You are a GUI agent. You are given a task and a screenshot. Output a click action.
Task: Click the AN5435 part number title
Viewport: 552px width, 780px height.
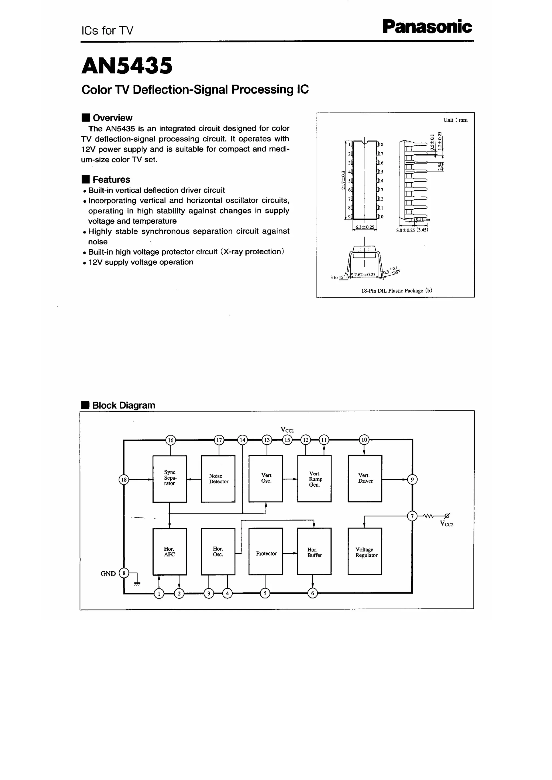pos(127,66)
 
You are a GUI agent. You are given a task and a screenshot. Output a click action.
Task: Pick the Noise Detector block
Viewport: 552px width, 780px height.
pos(218,478)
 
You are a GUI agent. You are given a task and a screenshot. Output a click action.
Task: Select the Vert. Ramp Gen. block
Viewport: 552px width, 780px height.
pos(314,478)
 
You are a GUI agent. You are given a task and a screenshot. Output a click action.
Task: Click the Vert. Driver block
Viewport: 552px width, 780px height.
pos(365,478)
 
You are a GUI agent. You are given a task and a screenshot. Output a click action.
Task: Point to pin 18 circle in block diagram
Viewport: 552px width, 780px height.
pos(124,480)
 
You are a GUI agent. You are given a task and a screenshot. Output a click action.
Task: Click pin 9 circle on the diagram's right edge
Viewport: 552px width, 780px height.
pos(412,479)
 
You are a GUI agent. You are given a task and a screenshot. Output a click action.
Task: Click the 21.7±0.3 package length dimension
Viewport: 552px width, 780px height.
pos(343,180)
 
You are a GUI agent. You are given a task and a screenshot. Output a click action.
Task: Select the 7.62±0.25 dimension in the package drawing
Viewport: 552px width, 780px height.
pos(365,275)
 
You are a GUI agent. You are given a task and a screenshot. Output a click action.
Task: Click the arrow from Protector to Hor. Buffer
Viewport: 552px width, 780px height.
pos(290,553)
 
